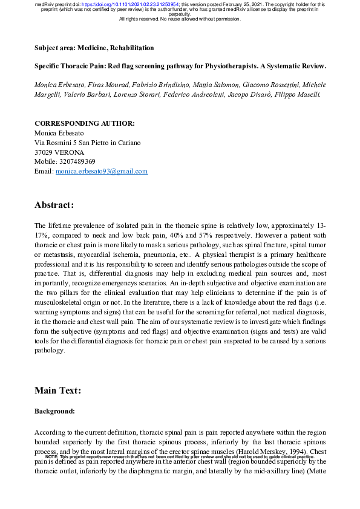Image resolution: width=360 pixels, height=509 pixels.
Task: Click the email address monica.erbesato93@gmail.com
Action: click(x=102, y=171)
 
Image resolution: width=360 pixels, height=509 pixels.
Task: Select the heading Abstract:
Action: click(x=54, y=205)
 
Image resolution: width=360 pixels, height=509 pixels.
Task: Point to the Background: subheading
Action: click(x=55, y=411)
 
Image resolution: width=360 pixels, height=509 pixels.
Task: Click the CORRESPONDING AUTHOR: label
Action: click(x=85, y=123)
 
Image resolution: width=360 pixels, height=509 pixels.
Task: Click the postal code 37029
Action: click(x=44, y=152)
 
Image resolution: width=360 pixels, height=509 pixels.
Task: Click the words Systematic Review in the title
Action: click(x=296, y=65)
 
